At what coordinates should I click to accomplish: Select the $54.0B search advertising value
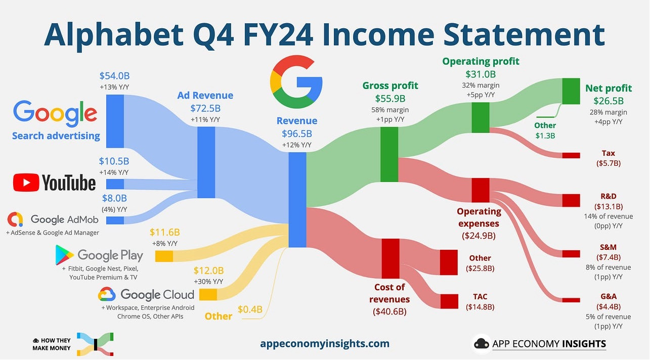pos(115,76)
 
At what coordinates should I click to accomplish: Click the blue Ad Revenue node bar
pos(206,162)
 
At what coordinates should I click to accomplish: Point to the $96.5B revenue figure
pos(297,134)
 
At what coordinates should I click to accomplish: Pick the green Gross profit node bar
pos(389,154)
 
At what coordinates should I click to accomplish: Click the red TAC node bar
pos(449,301)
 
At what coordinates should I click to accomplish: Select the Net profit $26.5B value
pos(604,101)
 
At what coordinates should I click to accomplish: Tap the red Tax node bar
pos(571,155)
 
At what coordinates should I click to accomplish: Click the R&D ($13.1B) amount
pos(609,206)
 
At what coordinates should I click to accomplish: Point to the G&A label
pos(609,296)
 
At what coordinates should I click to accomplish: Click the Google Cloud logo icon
pos(107,294)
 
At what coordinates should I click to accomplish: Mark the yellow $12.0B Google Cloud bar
pos(208,294)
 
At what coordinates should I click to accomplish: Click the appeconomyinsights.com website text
pos(325,344)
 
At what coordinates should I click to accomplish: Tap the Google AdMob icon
pos(15,219)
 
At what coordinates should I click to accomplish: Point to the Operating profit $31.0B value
pos(481,74)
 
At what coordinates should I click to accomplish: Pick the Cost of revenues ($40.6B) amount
pos(389,311)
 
